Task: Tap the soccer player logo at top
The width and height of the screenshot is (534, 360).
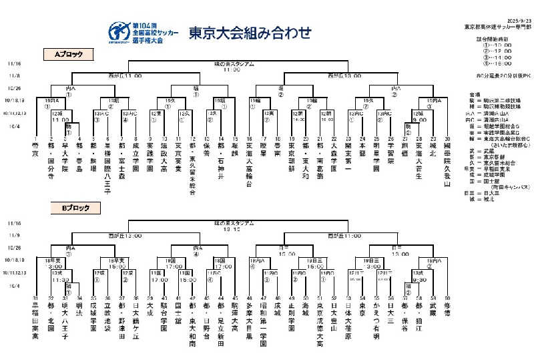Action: pos(119,31)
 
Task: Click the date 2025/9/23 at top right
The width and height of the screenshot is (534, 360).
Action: pos(507,19)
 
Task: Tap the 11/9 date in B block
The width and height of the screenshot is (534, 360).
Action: pos(15,234)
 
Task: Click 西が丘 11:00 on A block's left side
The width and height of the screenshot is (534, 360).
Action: pos(125,75)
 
